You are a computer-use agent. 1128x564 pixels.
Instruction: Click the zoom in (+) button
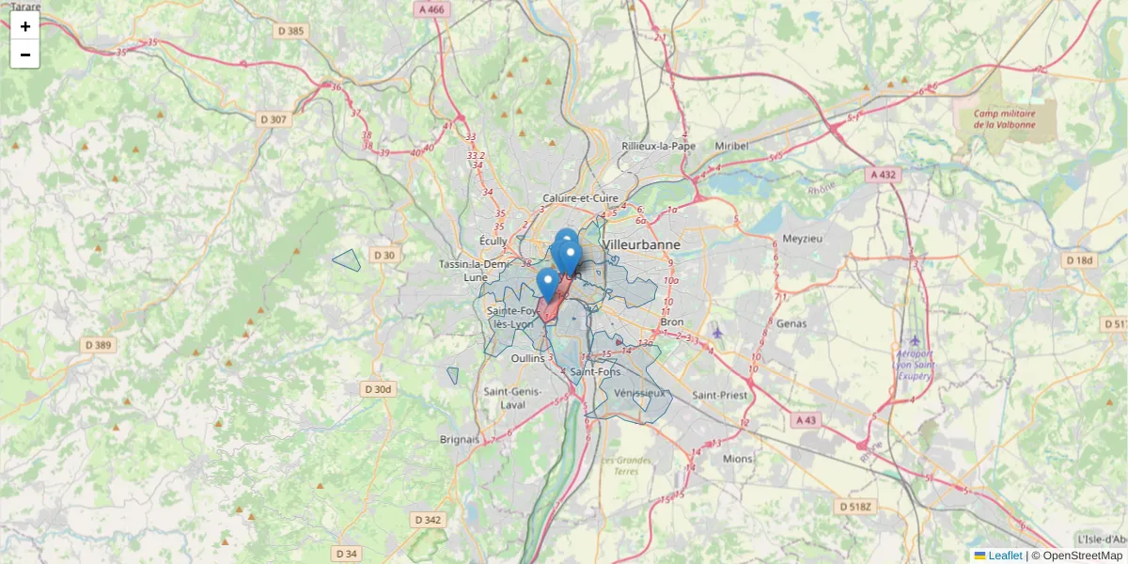[25, 26]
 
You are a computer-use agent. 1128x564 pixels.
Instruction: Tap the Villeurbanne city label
[643, 244]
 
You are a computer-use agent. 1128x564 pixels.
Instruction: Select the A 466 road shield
[431, 8]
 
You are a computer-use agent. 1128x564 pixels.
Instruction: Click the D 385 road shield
[291, 31]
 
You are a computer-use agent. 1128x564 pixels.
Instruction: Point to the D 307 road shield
[273, 119]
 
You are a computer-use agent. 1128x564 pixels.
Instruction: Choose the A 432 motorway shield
[884, 175]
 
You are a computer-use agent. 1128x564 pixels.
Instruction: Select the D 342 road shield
[427, 520]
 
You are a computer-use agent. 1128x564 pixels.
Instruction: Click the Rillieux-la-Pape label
[658, 146]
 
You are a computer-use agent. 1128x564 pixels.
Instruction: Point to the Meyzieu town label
[802, 238]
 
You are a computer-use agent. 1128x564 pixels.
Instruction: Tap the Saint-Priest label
[720, 396]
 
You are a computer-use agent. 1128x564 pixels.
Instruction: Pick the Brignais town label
[459, 439]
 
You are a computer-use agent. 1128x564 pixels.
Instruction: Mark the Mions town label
[738, 459]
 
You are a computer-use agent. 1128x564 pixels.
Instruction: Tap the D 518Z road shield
[854, 507]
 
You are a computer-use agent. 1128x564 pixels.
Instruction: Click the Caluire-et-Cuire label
[580, 198]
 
